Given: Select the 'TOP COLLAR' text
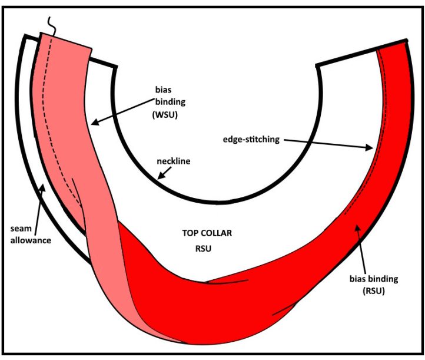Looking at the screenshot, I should coord(207,233).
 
